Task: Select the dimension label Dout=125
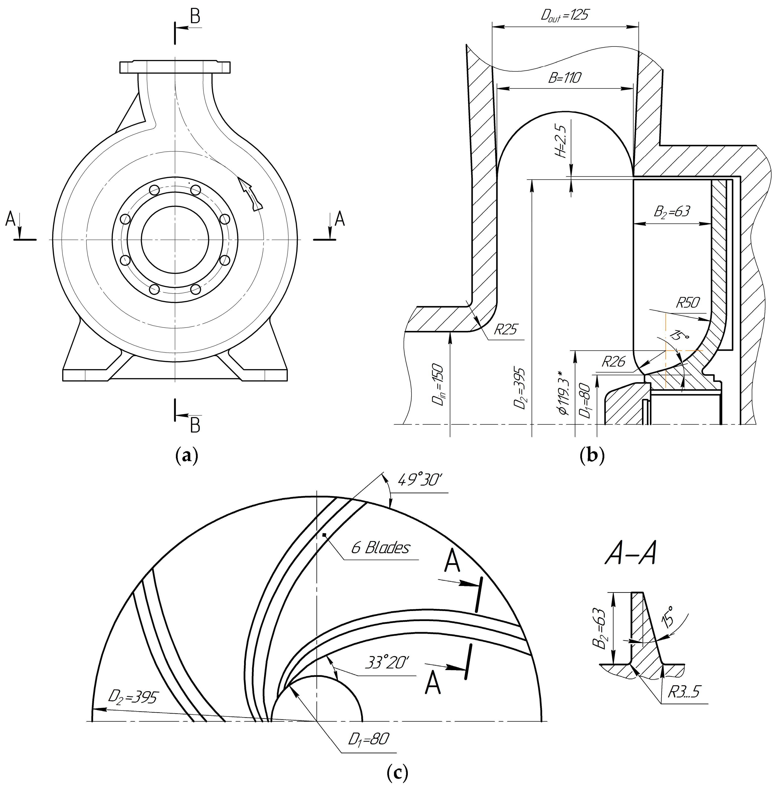point(565,16)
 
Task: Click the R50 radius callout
point(689,303)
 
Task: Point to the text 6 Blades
point(380,548)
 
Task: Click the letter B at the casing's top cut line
point(195,17)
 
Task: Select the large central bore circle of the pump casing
point(175,240)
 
